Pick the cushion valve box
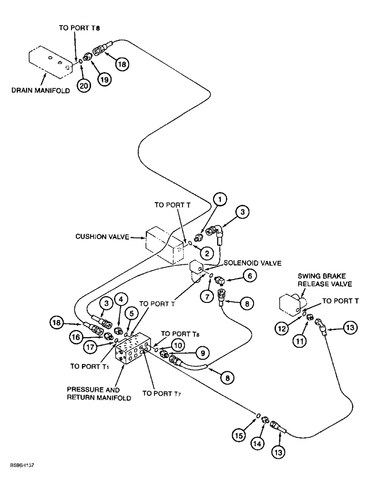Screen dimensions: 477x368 point(164,244)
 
